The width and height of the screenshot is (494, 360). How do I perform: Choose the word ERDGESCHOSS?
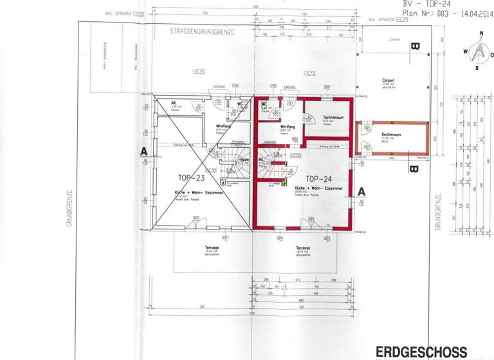point(421,352)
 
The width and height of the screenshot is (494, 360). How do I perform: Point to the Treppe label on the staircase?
point(243,159)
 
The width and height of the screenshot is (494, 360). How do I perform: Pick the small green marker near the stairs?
point(284,184)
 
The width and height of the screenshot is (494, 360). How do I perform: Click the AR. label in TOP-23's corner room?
point(174,102)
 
